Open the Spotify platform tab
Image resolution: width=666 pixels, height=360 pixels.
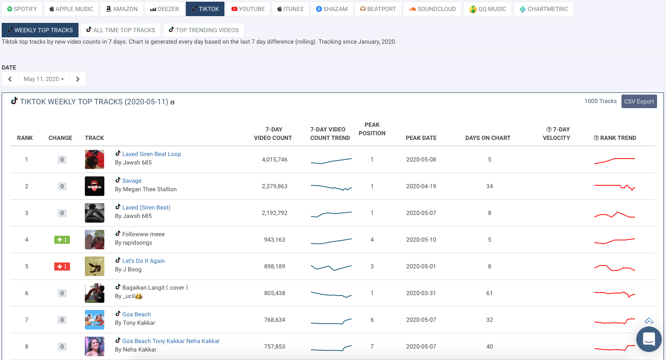(x=22, y=9)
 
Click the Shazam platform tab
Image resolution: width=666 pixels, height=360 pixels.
(x=332, y=9)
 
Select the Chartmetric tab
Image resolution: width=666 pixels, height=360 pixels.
(x=543, y=9)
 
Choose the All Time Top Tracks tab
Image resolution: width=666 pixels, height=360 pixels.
(x=120, y=30)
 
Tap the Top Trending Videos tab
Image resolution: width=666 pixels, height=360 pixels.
(x=204, y=30)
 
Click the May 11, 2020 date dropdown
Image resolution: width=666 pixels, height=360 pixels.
(x=44, y=79)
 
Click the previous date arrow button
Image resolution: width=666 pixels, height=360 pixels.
(x=10, y=79)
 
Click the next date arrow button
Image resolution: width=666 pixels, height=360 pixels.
(x=78, y=79)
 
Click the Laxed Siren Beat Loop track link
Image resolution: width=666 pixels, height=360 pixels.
(x=151, y=154)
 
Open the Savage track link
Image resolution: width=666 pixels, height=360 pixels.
(x=132, y=181)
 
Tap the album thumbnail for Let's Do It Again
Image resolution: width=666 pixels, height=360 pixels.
(x=94, y=266)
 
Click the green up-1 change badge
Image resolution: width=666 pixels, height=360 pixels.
(x=62, y=240)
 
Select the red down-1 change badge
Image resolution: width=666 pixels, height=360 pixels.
(x=62, y=267)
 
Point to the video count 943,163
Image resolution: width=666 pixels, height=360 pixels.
(x=274, y=240)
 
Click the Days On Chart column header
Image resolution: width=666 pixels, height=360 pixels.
(x=487, y=138)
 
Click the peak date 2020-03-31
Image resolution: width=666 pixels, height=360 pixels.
(x=421, y=293)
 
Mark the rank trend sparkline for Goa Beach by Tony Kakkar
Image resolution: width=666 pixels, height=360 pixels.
(x=614, y=321)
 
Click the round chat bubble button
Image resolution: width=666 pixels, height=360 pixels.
(x=649, y=339)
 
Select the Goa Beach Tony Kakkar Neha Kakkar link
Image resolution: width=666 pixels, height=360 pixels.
(x=171, y=341)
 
